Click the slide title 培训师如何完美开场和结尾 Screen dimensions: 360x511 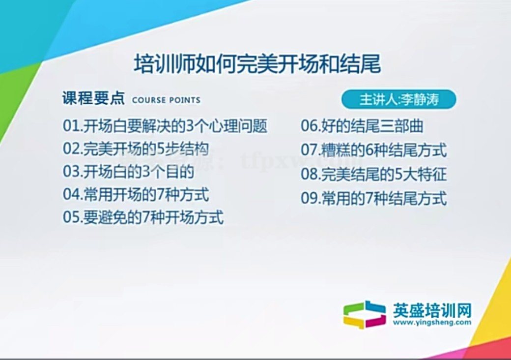258,64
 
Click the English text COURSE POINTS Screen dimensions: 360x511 166,100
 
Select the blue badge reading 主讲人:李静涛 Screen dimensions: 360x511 399,99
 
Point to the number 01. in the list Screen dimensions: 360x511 72,126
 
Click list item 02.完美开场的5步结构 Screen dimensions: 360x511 136,149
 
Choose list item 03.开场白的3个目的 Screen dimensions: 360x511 128,172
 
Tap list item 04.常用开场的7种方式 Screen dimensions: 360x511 136,194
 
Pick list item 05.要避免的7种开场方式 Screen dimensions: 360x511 143,217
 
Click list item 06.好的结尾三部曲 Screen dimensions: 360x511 362,126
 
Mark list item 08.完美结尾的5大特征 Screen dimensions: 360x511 374,175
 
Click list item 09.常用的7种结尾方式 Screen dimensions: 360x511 374,199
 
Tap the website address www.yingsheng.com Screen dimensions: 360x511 432,323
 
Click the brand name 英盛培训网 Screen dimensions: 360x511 432,311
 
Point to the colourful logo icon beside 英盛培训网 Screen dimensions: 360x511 364,315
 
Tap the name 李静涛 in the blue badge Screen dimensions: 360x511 419,99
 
